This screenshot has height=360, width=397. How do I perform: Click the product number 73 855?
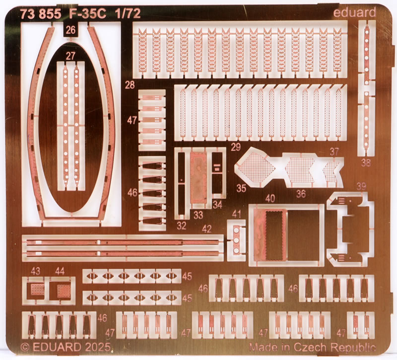41,14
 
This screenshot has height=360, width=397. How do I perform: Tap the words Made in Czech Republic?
312,346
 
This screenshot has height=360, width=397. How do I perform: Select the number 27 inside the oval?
70,56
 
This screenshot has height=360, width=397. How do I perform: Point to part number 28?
130,85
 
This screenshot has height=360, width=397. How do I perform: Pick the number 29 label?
236,146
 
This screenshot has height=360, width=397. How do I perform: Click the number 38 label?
366,162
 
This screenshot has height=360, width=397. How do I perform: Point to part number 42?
206,229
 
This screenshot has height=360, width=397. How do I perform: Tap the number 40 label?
270,198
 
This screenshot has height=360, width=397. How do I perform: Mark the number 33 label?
198,216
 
